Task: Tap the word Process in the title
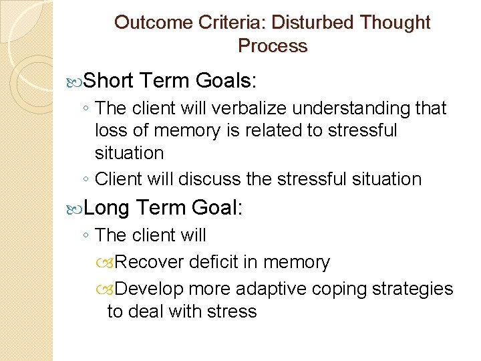click(273, 46)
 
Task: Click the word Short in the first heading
click(111, 82)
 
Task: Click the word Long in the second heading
click(106, 209)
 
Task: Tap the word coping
click(340, 289)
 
